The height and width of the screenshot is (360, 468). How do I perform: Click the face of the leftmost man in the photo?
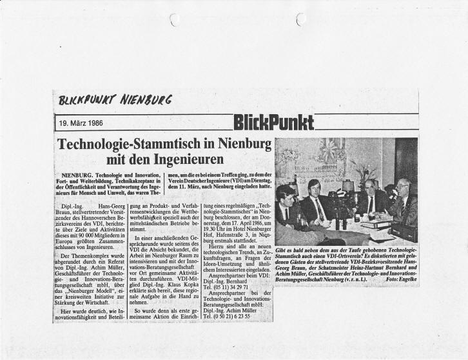point(286,194)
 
